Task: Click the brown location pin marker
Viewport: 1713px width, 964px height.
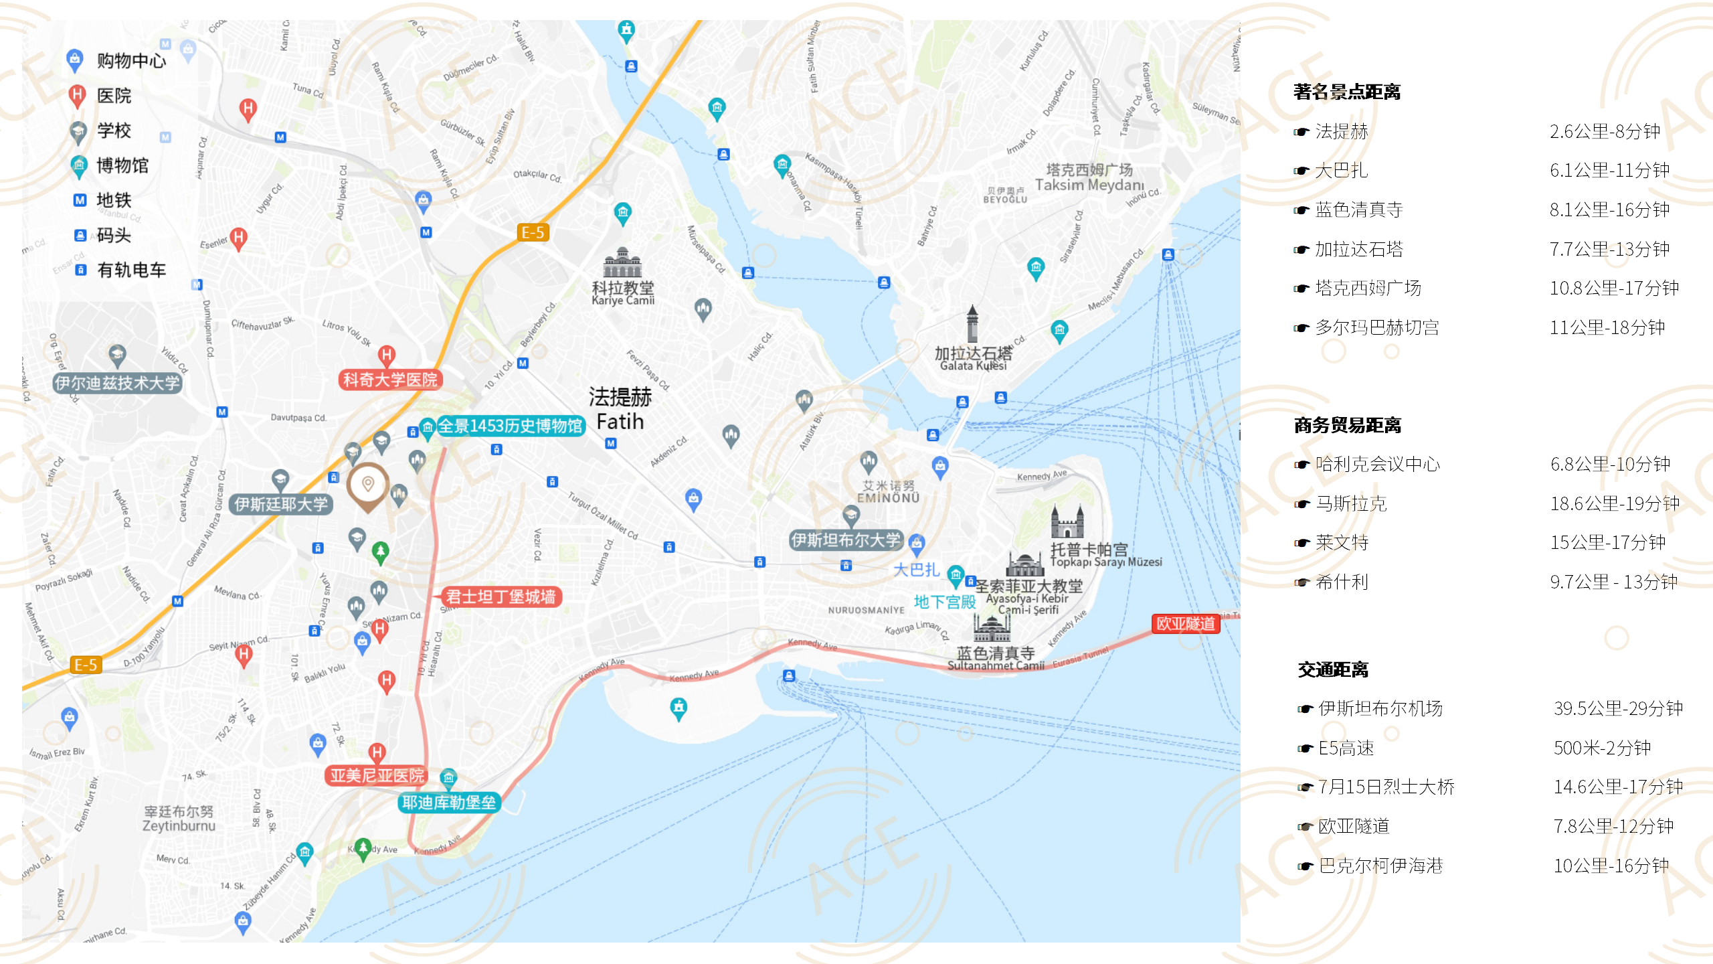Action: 367,485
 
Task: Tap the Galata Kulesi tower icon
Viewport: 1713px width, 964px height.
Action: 972,324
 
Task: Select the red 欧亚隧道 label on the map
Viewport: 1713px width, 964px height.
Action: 1185,623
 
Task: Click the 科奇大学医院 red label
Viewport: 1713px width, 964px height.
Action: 390,380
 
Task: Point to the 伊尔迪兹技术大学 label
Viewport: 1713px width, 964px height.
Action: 117,383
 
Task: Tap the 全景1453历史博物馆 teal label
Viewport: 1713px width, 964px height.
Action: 510,426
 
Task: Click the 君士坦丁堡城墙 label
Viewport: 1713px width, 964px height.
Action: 501,596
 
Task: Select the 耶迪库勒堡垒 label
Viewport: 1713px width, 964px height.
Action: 448,802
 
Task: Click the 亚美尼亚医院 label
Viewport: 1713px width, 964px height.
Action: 377,775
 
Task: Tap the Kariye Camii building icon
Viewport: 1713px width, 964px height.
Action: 622,262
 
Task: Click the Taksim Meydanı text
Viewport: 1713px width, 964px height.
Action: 1089,185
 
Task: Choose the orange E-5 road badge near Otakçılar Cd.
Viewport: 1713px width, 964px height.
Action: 533,232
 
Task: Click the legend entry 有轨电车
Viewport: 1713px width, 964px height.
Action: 131,270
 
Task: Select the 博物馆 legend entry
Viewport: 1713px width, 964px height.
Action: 122,165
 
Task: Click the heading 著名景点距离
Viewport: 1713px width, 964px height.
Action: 1346,92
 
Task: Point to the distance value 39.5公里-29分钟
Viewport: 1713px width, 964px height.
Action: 1617,708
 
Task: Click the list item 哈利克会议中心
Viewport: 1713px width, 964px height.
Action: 1376,464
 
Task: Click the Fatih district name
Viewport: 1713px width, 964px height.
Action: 620,422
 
